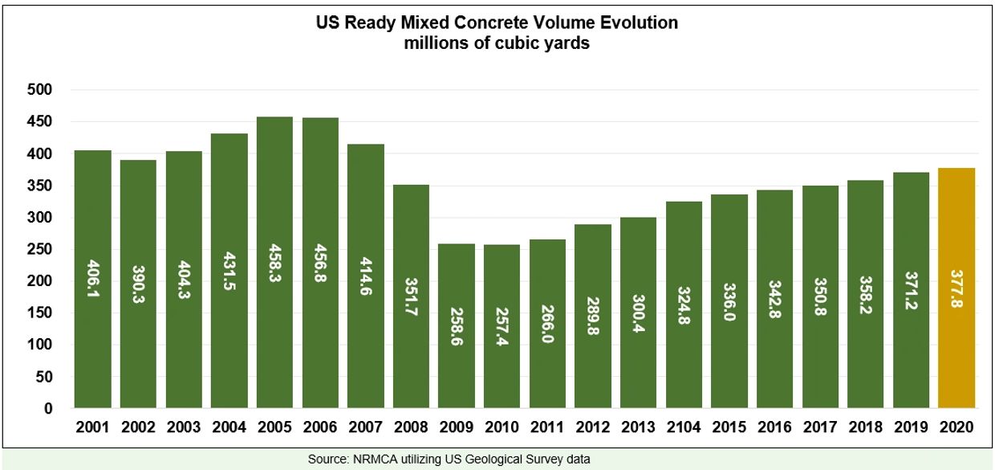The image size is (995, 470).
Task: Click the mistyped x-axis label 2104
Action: (684, 428)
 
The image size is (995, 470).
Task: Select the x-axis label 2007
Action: (366, 428)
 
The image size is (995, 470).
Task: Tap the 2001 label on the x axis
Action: (93, 428)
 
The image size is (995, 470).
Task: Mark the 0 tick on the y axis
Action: (47, 409)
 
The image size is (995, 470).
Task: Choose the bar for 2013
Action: (638, 337)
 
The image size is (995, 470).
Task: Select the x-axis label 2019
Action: (911, 428)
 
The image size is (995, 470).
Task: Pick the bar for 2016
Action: (774, 337)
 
